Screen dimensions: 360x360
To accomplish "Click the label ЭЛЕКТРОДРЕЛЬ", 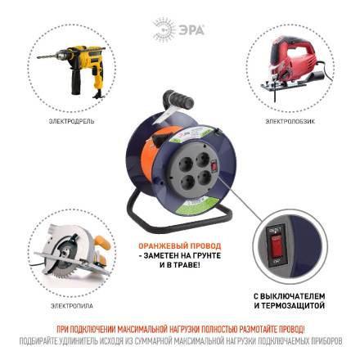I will click(x=71, y=120).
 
